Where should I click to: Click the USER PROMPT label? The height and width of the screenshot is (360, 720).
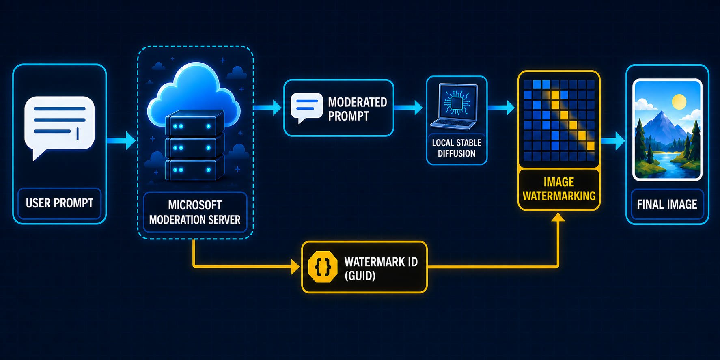click(60, 203)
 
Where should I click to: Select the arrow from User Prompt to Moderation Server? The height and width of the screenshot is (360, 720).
click(121, 140)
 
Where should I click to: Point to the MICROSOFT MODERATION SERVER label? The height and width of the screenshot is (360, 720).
click(195, 212)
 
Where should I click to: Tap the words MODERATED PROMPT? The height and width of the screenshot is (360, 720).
click(358, 109)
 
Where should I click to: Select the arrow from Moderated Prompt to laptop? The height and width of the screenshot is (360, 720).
click(408, 108)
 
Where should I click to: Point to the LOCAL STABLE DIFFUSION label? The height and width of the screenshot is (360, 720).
click(457, 148)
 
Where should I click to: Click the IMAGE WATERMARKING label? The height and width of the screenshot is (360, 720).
click(559, 189)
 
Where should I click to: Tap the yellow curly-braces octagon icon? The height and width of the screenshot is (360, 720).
click(323, 267)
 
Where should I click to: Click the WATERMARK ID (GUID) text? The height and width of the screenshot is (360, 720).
click(381, 269)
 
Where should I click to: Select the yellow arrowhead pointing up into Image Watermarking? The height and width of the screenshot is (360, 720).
click(558, 217)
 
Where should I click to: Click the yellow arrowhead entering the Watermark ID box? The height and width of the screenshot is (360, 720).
click(296, 267)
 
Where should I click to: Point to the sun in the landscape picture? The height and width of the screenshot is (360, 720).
click(679, 101)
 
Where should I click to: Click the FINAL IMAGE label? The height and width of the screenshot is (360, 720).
click(667, 204)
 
